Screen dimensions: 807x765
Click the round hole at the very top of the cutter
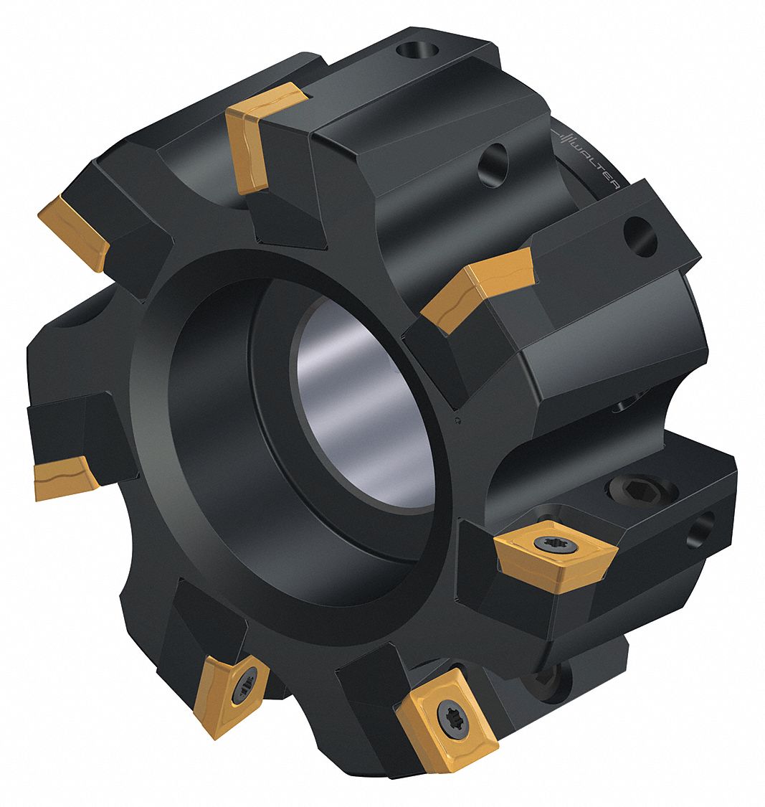tap(417, 51)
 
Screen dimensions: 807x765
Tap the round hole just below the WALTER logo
tap(640, 237)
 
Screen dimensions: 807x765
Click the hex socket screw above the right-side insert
tap(631, 491)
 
